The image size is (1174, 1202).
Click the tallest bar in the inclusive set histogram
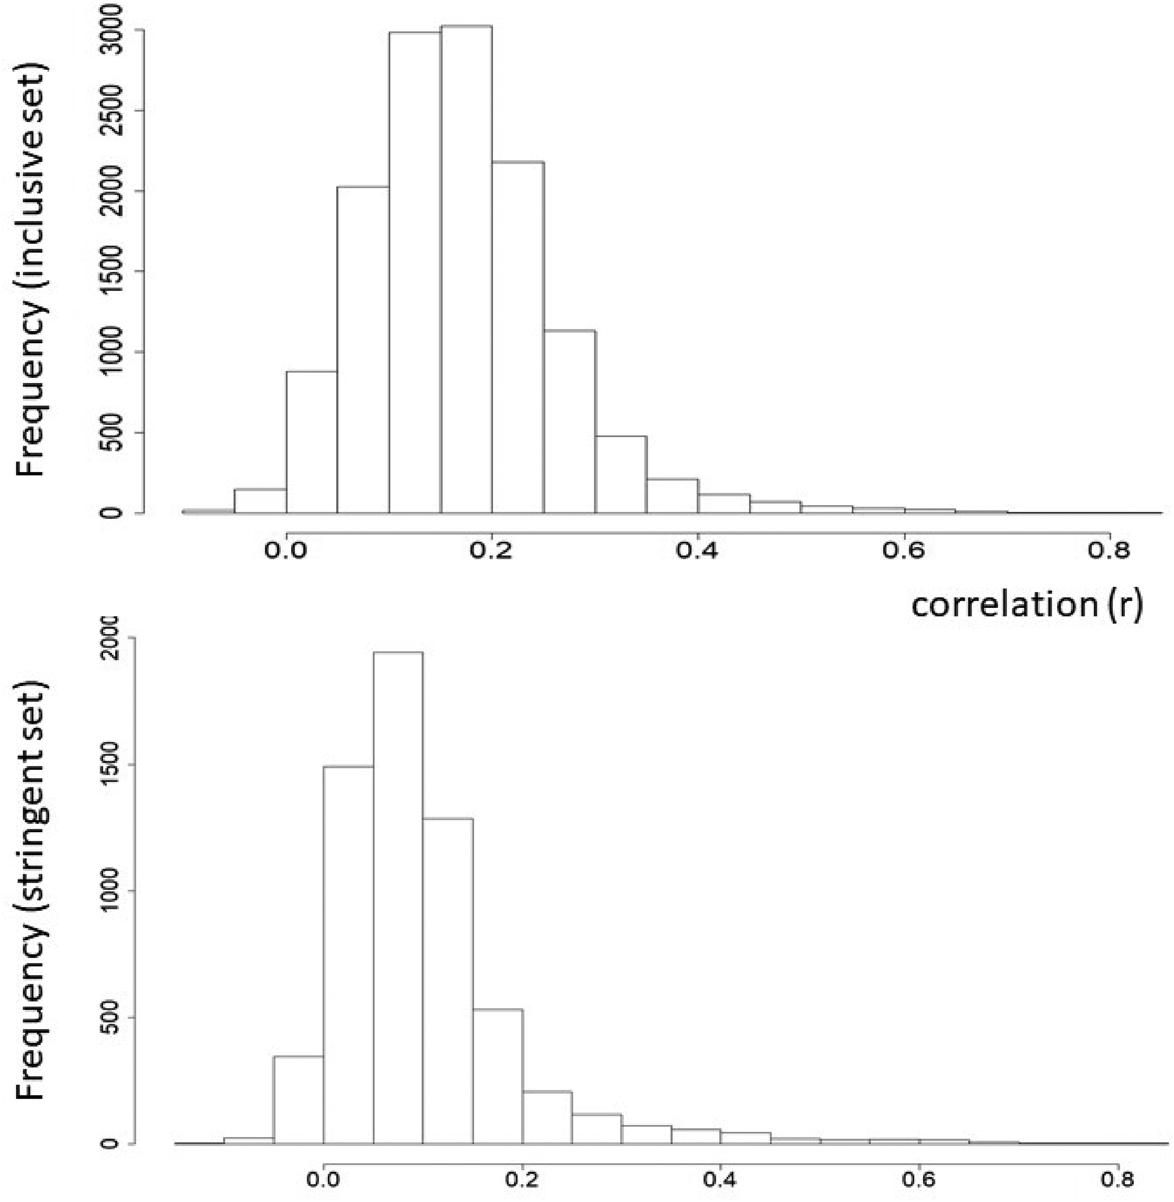tap(466, 269)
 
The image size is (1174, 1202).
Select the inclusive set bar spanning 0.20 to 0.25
tap(518, 337)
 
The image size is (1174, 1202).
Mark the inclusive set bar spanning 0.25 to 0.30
tap(570, 422)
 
